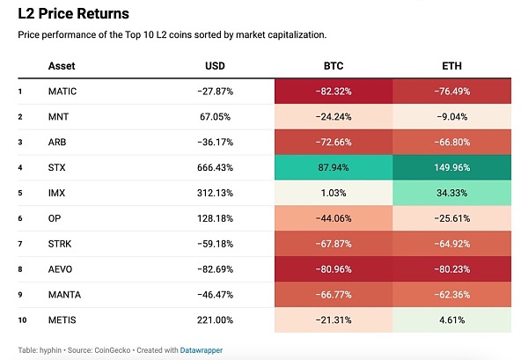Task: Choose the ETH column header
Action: tap(451, 66)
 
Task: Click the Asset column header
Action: tap(62, 66)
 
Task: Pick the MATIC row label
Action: tap(63, 91)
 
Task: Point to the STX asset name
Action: tap(58, 165)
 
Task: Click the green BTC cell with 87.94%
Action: tap(333, 165)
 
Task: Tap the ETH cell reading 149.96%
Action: tap(451, 165)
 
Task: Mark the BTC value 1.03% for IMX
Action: tap(333, 191)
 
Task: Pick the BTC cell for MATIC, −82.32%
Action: tap(333, 91)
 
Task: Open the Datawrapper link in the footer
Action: tap(202, 349)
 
